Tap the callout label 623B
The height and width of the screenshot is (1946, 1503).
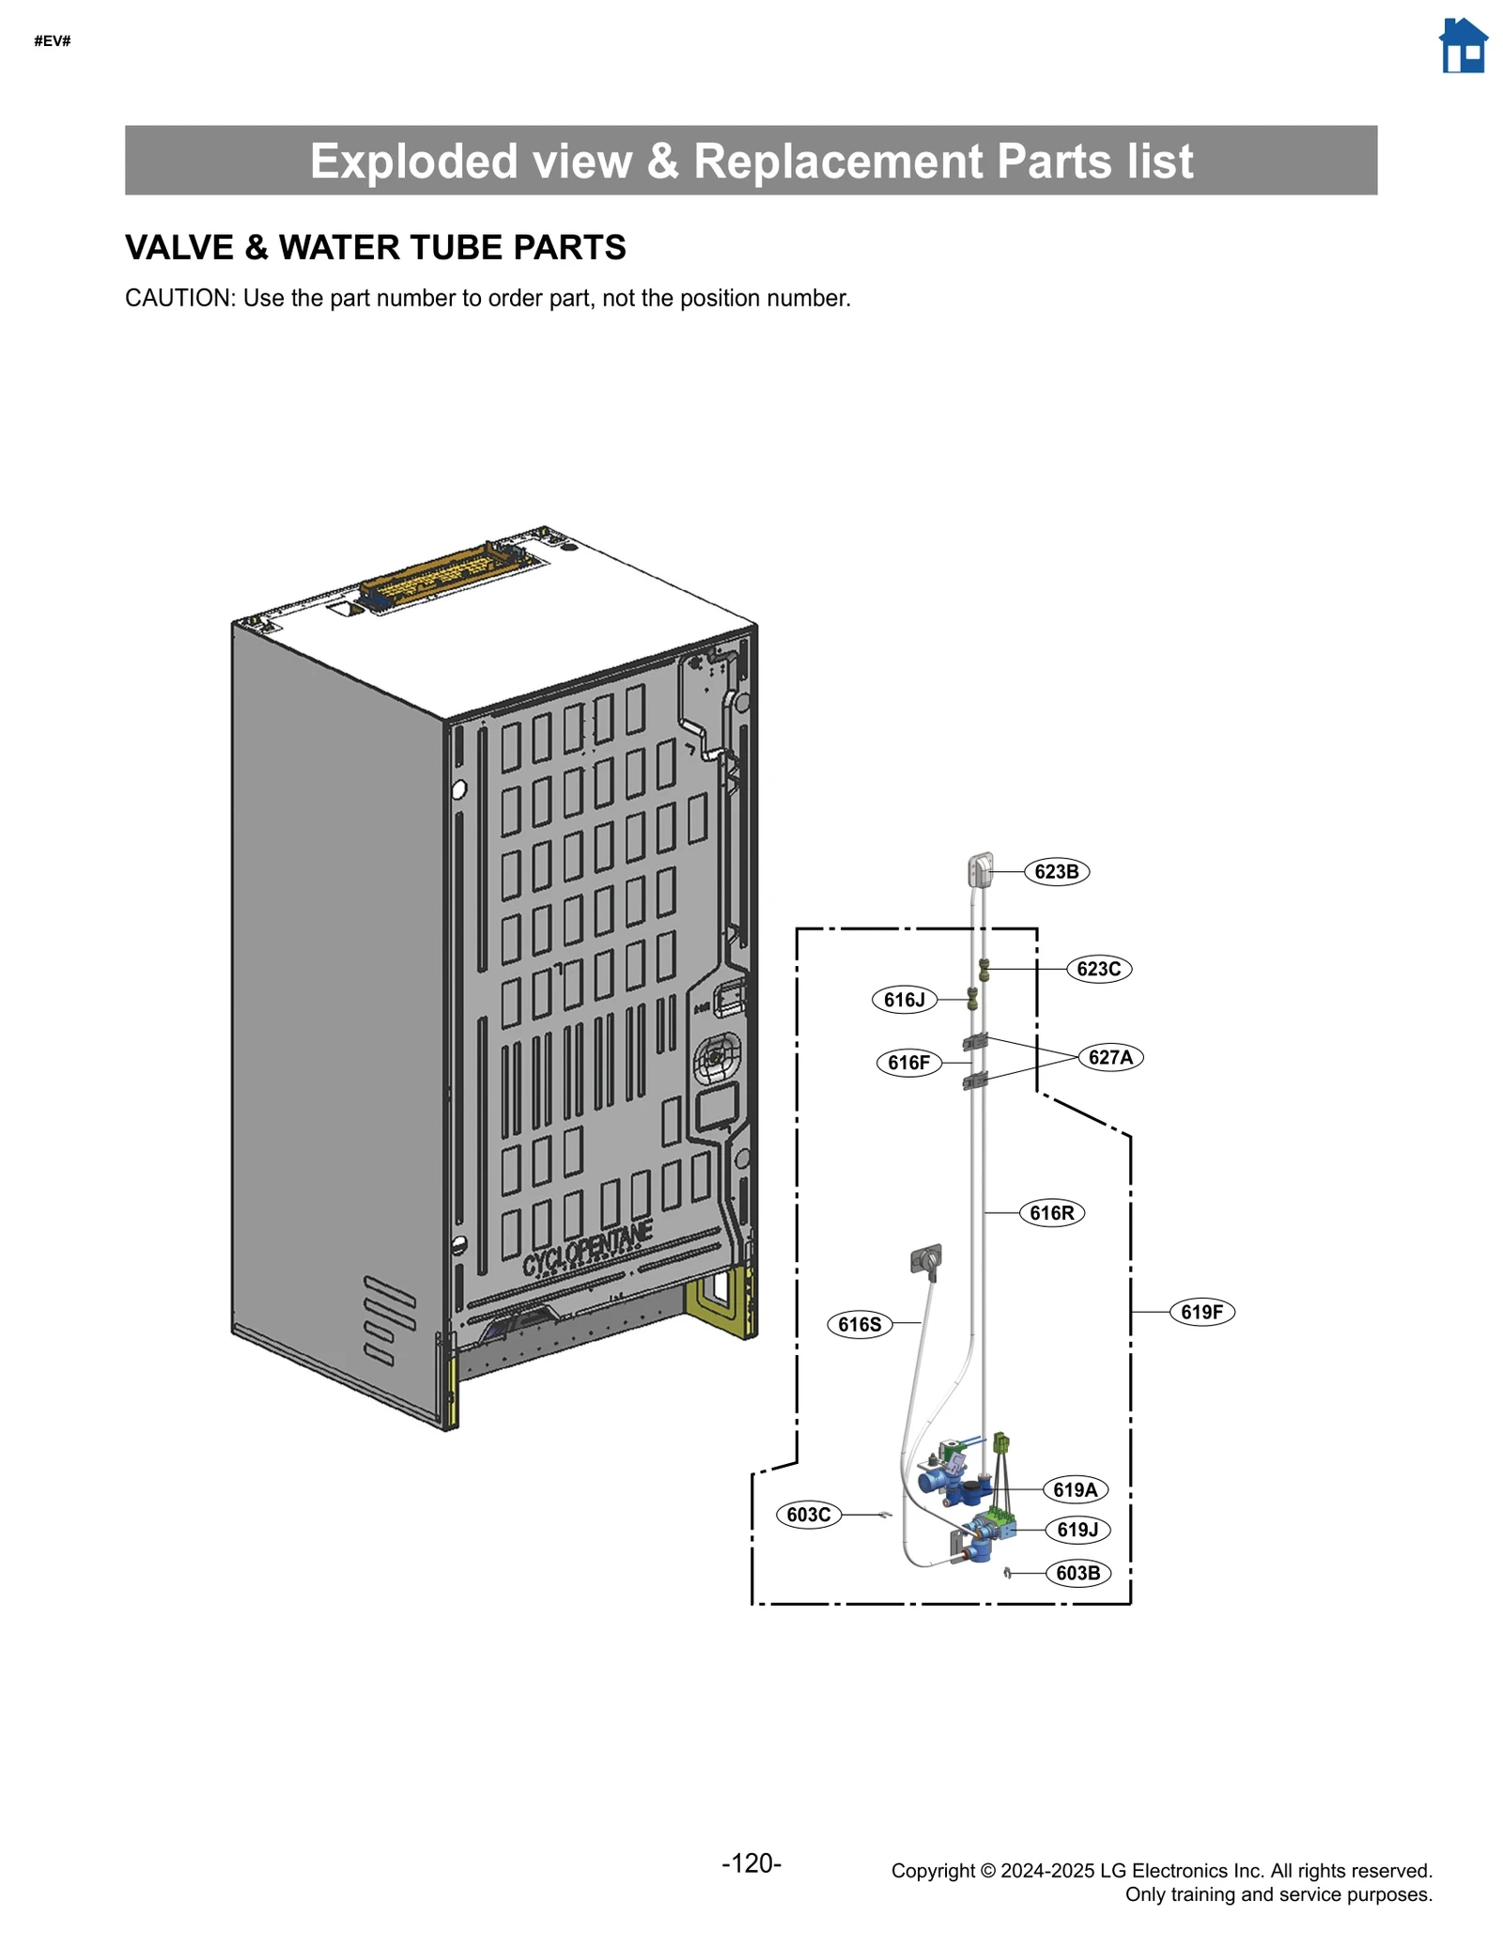click(x=1056, y=871)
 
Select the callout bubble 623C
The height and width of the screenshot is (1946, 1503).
click(x=1098, y=969)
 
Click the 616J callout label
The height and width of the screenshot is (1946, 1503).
click(x=904, y=1000)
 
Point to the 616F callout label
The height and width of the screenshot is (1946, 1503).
click(x=908, y=1063)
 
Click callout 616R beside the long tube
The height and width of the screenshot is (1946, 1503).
click(x=1051, y=1213)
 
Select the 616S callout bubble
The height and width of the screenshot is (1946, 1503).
click(x=859, y=1325)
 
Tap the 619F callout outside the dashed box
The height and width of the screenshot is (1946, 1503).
click(x=1201, y=1312)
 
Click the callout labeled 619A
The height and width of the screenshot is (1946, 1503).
click(x=1075, y=1489)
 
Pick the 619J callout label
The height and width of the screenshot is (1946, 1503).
click(x=1077, y=1530)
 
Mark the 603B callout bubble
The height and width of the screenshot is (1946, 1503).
click(x=1077, y=1573)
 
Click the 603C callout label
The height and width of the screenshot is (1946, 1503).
click(x=808, y=1515)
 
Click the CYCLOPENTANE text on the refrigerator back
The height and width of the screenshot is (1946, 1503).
click(x=587, y=1250)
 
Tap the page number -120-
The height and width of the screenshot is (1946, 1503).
click(x=751, y=1863)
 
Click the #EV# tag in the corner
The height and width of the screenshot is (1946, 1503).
click(x=53, y=41)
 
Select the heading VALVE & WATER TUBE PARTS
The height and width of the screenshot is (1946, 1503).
click(x=375, y=247)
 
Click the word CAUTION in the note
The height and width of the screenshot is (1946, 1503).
click(x=178, y=298)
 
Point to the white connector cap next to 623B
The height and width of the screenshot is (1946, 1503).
click(x=980, y=869)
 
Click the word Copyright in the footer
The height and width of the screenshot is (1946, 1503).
click(x=932, y=1871)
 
